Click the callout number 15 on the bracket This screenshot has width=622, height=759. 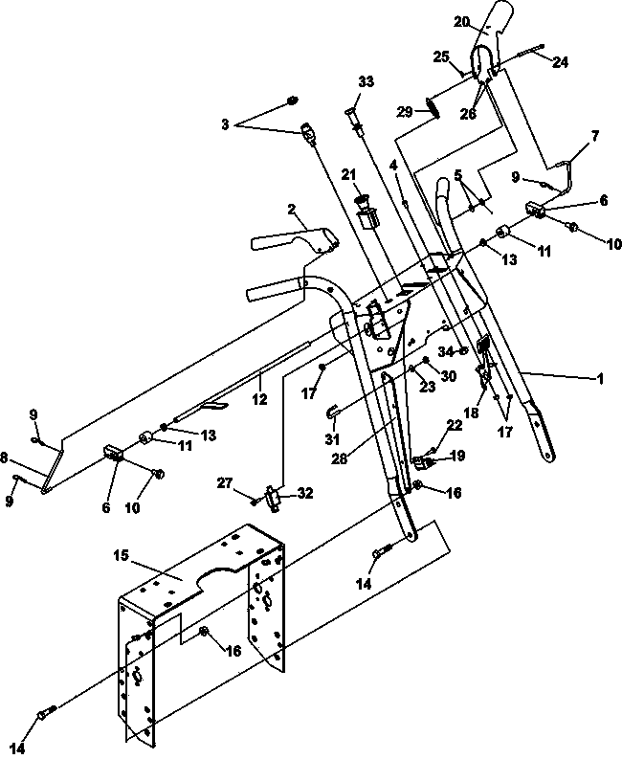tap(121, 555)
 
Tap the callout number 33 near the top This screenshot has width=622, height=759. tap(366, 81)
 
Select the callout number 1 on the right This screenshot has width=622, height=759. tap(600, 379)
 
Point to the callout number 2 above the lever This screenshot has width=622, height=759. tap(291, 210)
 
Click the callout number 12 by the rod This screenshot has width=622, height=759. tap(259, 399)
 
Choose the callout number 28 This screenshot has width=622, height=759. tap(340, 458)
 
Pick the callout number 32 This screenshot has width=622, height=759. tap(304, 493)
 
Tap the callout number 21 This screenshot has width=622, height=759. tap(348, 175)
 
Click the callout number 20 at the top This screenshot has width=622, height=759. tap(462, 22)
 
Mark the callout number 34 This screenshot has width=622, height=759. tap(446, 351)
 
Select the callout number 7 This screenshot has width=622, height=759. tap(595, 136)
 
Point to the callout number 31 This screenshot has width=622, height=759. tap(333, 439)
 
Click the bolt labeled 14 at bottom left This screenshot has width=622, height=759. tap(47, 713)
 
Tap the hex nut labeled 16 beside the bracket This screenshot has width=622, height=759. tap(204, 630)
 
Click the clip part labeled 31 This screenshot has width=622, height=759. tap(332, 412)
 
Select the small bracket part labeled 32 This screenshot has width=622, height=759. tap(274, 499)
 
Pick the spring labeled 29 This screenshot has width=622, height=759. tap(433, 107)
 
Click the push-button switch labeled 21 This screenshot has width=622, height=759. tap(367, 213)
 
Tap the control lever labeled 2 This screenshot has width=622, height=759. tap(294, 239)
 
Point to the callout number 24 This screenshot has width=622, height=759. tap(560, 62)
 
